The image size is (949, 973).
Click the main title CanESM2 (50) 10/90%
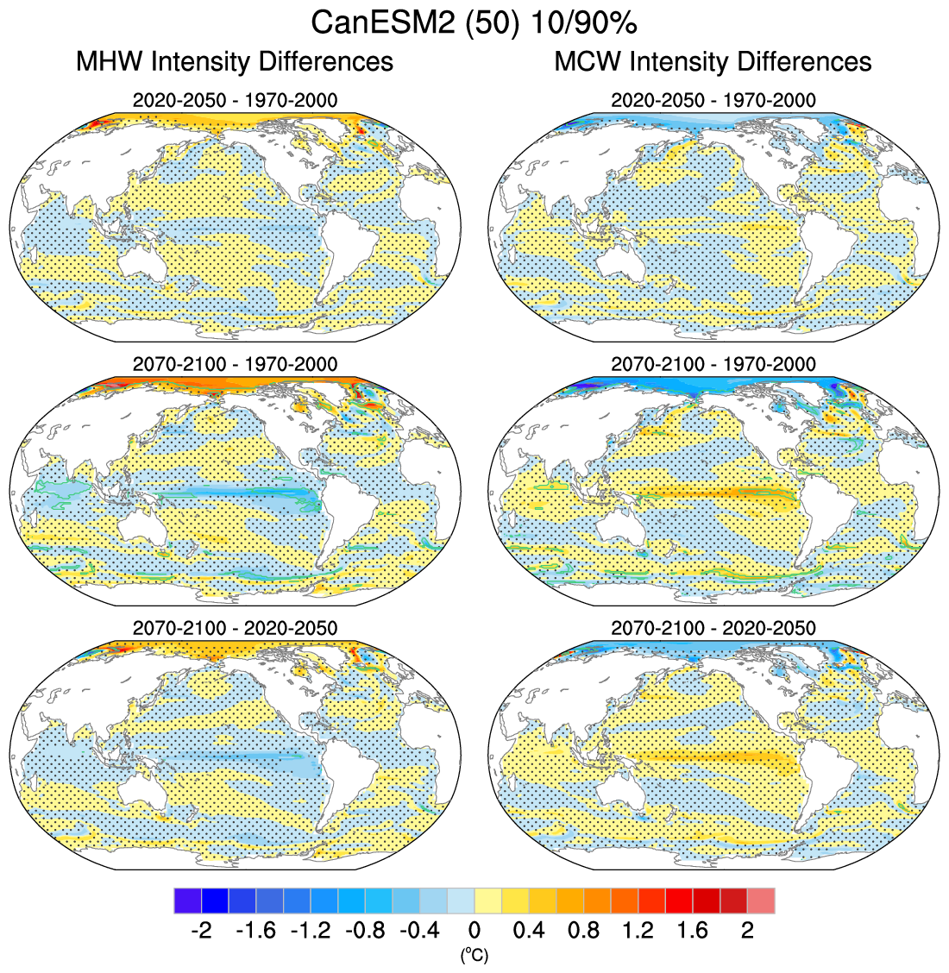[474, 23]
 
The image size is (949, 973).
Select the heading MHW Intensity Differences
[235, 62]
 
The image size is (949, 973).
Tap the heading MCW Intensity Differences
[713, 62]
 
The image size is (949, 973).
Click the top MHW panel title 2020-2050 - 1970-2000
[235, 100]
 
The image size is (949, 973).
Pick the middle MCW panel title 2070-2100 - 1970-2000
[713, 364]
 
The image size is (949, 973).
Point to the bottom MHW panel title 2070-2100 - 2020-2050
[235, 628]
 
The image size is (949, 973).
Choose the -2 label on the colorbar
[200, 931]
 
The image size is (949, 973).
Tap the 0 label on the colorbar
[474, 931]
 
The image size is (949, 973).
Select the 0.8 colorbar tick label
[584, 931]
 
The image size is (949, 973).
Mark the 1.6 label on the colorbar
[693, 931]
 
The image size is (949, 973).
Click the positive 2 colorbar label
[748, 931]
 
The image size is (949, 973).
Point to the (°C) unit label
[474, 955]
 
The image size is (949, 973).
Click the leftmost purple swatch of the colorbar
[187, 901]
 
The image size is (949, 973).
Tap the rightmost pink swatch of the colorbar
[761, 901]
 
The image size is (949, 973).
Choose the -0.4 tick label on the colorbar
[419, 931]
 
